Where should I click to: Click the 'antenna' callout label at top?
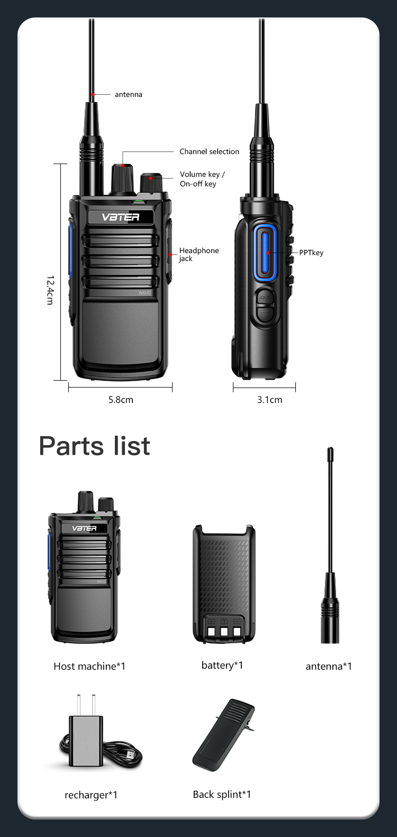(128, 94)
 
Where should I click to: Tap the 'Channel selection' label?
(209, 151)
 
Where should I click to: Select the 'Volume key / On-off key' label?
(202, 179)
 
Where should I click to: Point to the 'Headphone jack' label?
(198, 254)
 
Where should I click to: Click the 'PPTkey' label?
(311, 253)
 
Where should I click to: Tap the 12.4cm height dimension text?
(50, 290)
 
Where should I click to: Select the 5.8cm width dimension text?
(121, 400)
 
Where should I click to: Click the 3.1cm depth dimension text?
(269, 400)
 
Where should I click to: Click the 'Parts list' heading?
(95, 446)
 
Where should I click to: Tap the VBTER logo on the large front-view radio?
(121, 217)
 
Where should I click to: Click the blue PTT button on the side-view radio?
(264, 250)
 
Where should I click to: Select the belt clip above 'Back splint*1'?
(223, 735)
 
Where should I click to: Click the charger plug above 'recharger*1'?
(86, 736)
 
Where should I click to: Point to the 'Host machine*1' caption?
(89, 666)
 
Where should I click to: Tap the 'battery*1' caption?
(222, 665)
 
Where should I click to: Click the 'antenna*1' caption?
(329, 666)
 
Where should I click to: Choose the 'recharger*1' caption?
(91, 795)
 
